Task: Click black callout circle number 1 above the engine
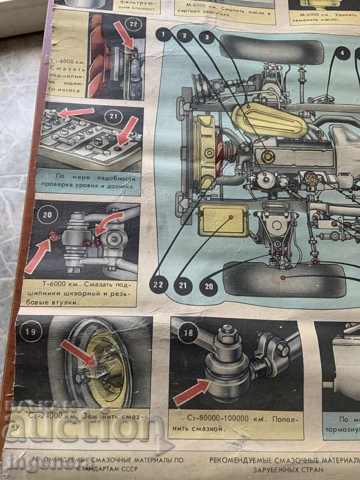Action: pyautogui.click(x=163, y=35)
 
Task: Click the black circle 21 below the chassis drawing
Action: pyautogui.click(x=183, y=285)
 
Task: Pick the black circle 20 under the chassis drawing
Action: pyautogui.click(x=209, y=286)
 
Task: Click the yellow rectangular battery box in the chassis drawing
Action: pyautogui.click(x=224, y=220)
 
